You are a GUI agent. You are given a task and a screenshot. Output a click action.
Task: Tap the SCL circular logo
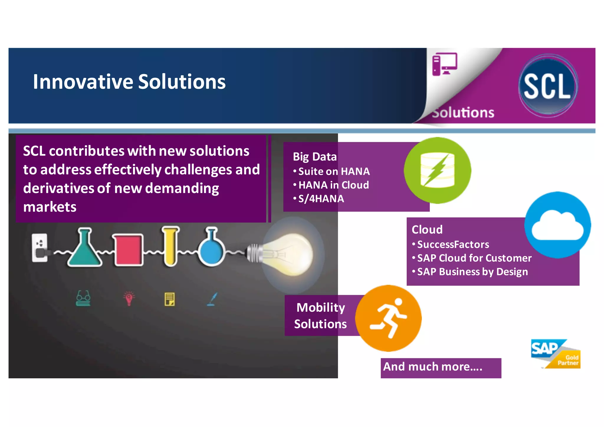548,86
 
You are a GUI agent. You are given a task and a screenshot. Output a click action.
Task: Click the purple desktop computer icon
444,64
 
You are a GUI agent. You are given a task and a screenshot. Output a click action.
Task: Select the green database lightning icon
437,171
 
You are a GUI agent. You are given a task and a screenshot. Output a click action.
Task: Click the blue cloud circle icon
557,225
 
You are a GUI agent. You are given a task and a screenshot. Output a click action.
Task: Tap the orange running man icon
388,318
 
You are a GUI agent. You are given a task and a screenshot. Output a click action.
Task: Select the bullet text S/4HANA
321,199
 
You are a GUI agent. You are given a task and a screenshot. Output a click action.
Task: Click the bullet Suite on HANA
334,171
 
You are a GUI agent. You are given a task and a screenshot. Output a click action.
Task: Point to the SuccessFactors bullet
453,244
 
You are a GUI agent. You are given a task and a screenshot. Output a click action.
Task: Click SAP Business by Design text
472,271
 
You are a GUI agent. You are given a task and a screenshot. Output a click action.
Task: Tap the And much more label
433,367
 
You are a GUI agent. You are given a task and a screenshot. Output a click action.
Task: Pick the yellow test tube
170,246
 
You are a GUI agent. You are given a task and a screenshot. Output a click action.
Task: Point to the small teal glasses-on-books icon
83,298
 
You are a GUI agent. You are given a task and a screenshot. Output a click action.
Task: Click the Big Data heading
314,157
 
